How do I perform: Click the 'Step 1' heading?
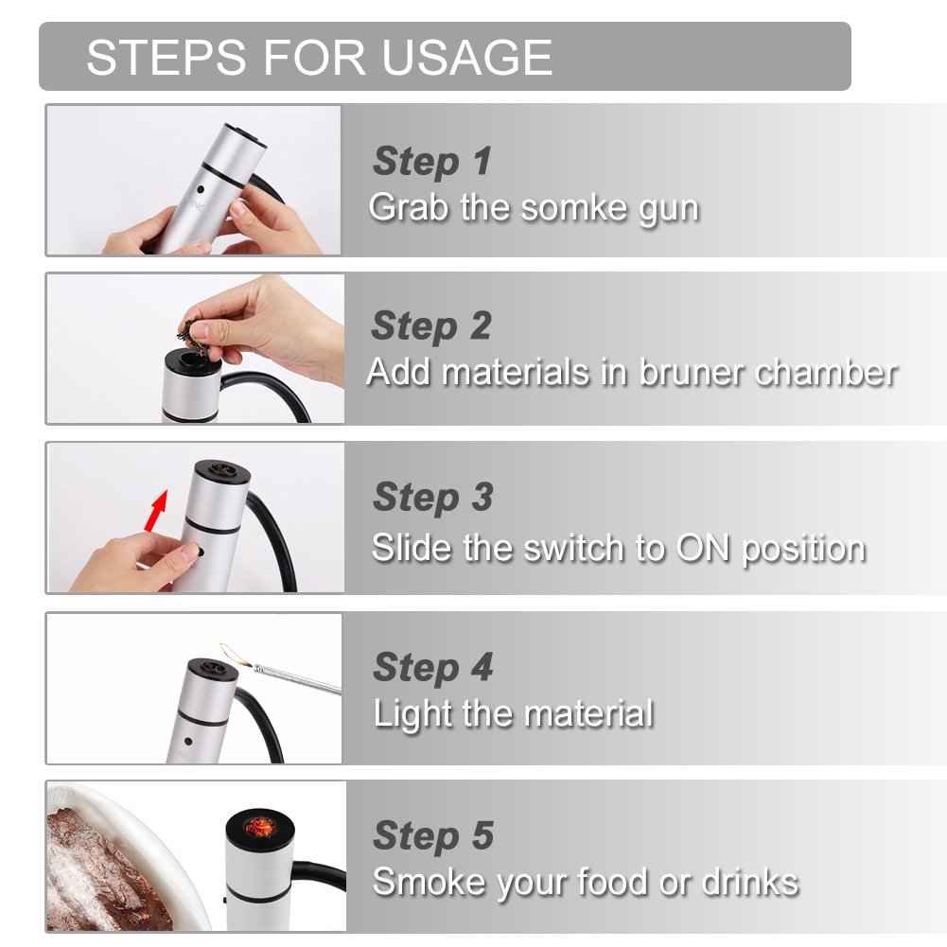click(x=432, y=162)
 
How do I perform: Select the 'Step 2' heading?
click(x=431, y=326)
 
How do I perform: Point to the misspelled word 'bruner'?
click(x=693, y=372)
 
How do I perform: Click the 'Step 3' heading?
click(x=432, y=497)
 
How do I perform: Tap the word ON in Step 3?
click(x=704, y=548)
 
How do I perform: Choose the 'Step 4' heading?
click(x=432, y=667)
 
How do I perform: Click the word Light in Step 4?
click(x=411, y=712)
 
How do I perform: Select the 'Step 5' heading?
click(x=432, y=836)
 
